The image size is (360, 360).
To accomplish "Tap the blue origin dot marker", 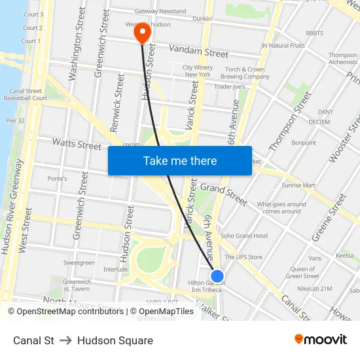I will (x=217, y=276).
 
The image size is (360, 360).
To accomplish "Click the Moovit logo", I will (x=320, y=340).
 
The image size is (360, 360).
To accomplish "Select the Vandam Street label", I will (x=198, y=50).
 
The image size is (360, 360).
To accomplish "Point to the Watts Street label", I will (x=77, y=144).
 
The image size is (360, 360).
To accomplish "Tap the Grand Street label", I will (x=224, y=194).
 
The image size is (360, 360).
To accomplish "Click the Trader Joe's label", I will (x=229, y=86).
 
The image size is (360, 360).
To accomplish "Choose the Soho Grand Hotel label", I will (x=243, y=236).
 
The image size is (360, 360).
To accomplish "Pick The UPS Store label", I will (x=243, y=257).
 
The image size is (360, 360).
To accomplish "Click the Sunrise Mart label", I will (x=297, y=185).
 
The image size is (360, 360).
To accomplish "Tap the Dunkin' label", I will (x=202, y=19).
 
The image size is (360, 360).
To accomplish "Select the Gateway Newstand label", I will (x=160, y=11).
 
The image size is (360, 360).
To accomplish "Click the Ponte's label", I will (x=57, y=179).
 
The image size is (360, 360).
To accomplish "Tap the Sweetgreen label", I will (x=79, y=262).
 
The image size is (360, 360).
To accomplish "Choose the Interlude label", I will (x=115, y=269).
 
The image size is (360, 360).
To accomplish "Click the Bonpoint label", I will (x=304, y=143).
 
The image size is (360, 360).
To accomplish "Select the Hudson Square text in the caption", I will (x=115, y=340).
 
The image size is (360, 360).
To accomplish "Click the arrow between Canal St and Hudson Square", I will (x=65, y=340).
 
